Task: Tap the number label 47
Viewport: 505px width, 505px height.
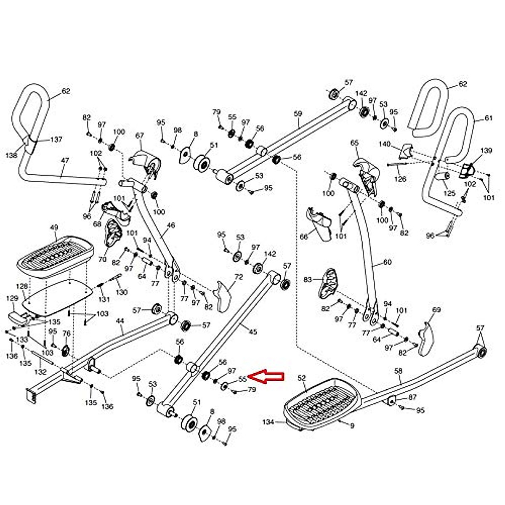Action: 65,160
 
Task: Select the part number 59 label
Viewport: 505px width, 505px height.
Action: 298,114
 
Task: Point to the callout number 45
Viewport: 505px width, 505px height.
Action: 252,332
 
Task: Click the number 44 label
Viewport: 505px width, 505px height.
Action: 120,321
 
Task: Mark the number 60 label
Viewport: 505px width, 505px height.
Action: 387,262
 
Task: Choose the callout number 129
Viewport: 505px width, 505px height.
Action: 12,298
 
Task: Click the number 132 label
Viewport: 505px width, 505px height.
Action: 40,372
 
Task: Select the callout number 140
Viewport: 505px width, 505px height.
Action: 385,144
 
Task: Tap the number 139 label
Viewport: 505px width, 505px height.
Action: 486,150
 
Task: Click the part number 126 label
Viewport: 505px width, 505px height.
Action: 400,179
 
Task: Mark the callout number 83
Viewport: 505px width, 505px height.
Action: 308,279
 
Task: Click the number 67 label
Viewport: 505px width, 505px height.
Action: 140,136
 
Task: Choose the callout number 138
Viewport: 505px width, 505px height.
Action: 12,155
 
